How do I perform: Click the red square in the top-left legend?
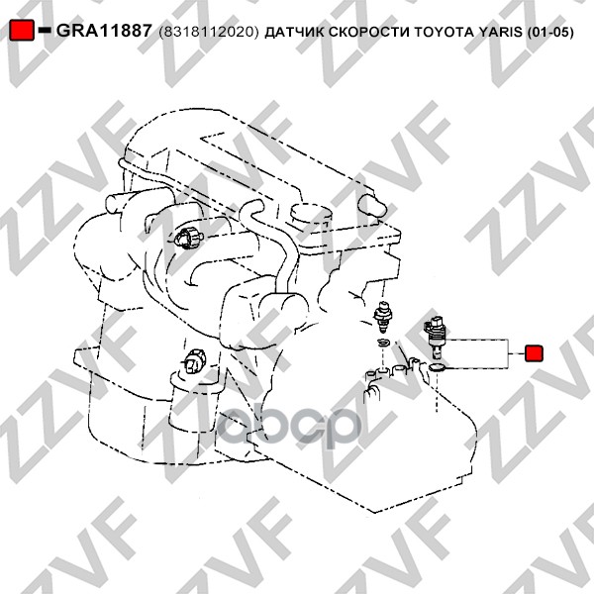click(x=22, y=30)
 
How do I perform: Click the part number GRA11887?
click(x=104, y=31)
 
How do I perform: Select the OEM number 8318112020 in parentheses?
click(x=209, y=33)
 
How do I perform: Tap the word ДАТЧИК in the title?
click(x=294, y=33)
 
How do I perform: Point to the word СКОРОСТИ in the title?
click(x=369, y=32)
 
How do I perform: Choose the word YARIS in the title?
click(x=500, y=32)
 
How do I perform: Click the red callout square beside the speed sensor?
click(x=534, y=353)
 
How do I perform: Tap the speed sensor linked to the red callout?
click(x=436, y=336)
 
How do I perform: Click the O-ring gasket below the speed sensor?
click(x=438, y=366)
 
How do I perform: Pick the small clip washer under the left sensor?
click(x=383, y=343)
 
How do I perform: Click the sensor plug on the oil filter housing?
click(x=194, y=361)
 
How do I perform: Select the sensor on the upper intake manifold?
click(x=189, y=238)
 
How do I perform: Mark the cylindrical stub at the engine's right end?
click(x=372, y=205)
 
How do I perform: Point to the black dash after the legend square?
click(x=45, y=31)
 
